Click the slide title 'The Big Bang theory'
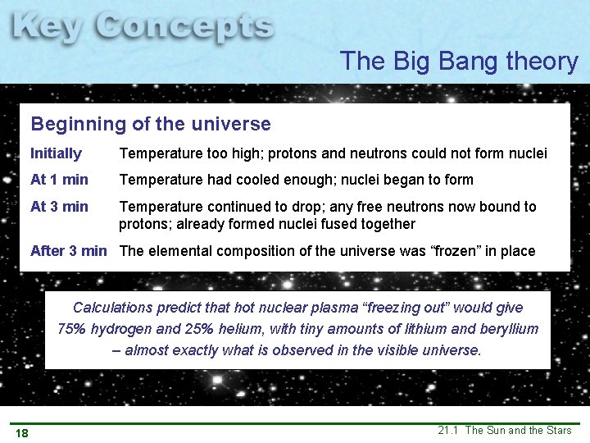[459, 61]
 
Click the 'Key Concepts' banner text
[143, 29]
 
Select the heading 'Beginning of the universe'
[150, 125]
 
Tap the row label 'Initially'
[56, 153]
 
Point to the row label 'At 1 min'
[59, 180]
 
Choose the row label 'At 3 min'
[59, 207]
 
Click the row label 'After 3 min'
[68, 251]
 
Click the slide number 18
[21, 433]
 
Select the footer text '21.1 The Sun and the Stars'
[504, 431]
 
